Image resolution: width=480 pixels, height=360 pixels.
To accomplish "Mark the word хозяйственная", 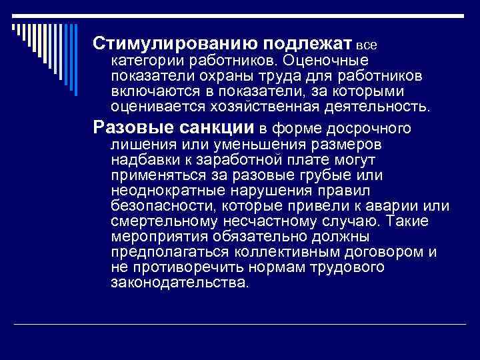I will coord(233,106).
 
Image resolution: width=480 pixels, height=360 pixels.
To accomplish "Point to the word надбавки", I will coord(143,159).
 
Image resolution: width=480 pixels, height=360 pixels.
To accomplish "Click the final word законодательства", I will coord(178,282).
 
